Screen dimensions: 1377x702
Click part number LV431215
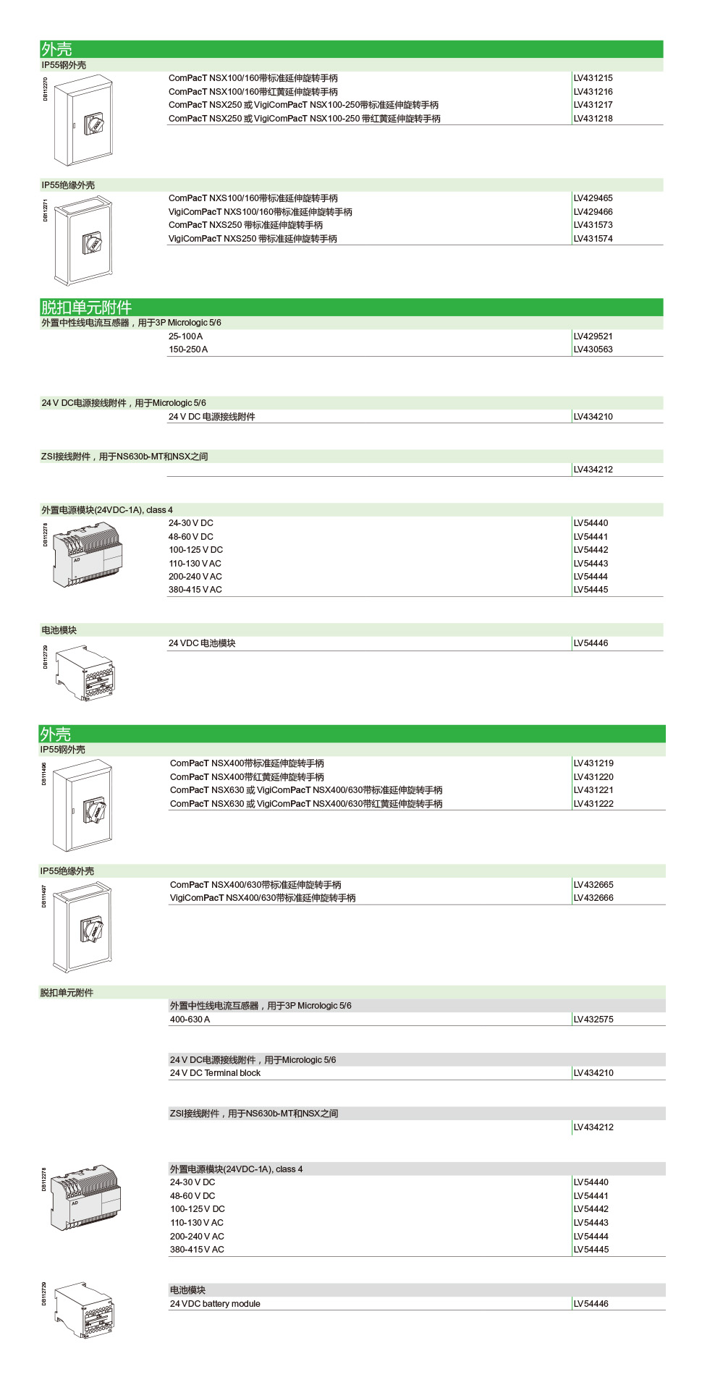pos(593,78)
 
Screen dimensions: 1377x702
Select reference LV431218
pos(593,119)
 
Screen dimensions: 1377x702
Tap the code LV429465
pos(593,198)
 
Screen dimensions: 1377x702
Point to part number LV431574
pos(593,239)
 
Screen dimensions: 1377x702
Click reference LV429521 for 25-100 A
pos(593,336)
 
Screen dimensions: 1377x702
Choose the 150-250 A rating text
pos(188,349)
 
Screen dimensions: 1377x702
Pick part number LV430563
pos(593,349)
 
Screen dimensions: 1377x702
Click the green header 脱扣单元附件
pos(86,308)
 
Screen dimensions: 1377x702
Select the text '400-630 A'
pos(190,1020)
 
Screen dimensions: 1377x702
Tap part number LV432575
pos(593,1020)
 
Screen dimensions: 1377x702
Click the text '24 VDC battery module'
pos(215,1304)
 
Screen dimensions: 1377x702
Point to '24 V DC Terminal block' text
pos(215,1073)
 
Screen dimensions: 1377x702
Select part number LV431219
pos(593,763)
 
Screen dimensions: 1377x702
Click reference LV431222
pos(593,804)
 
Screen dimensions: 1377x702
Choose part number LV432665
pos(593,885)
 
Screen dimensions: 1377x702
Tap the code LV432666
pos(593,898)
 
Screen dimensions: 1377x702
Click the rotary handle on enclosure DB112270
pos(95,124)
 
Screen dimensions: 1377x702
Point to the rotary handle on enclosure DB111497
pos(92,928)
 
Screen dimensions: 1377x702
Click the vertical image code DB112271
pos(45,210)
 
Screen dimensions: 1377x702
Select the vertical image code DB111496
pos(43,774)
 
